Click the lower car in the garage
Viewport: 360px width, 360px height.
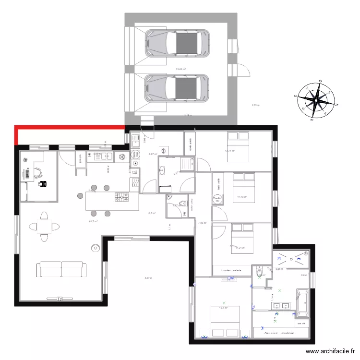178,88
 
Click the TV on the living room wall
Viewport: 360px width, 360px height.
60,300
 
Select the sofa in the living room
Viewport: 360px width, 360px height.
61,269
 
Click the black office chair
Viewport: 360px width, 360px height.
44,183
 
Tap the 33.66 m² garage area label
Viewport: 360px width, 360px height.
180,69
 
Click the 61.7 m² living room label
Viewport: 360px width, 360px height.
93,221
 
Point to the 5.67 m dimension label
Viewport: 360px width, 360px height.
148,278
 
